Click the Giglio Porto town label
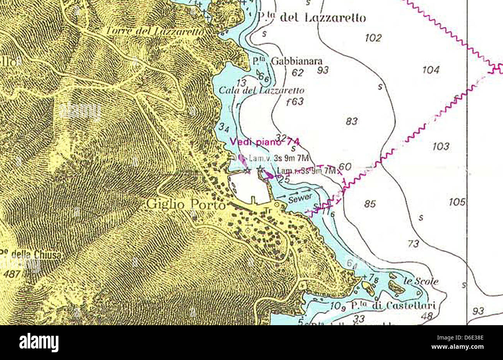tap(186, 204)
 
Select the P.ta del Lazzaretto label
tap(311, 17)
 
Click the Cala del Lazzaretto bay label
tap(261, 90)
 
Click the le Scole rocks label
tap(421, 281)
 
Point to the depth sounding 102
tap(373, 38)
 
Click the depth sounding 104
tap(431, 70)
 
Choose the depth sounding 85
tap(370, 204)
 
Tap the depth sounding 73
tap(413, 244)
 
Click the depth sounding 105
tap(457, 202)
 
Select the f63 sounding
tap(294, 102)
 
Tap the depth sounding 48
tap(427, 316)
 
